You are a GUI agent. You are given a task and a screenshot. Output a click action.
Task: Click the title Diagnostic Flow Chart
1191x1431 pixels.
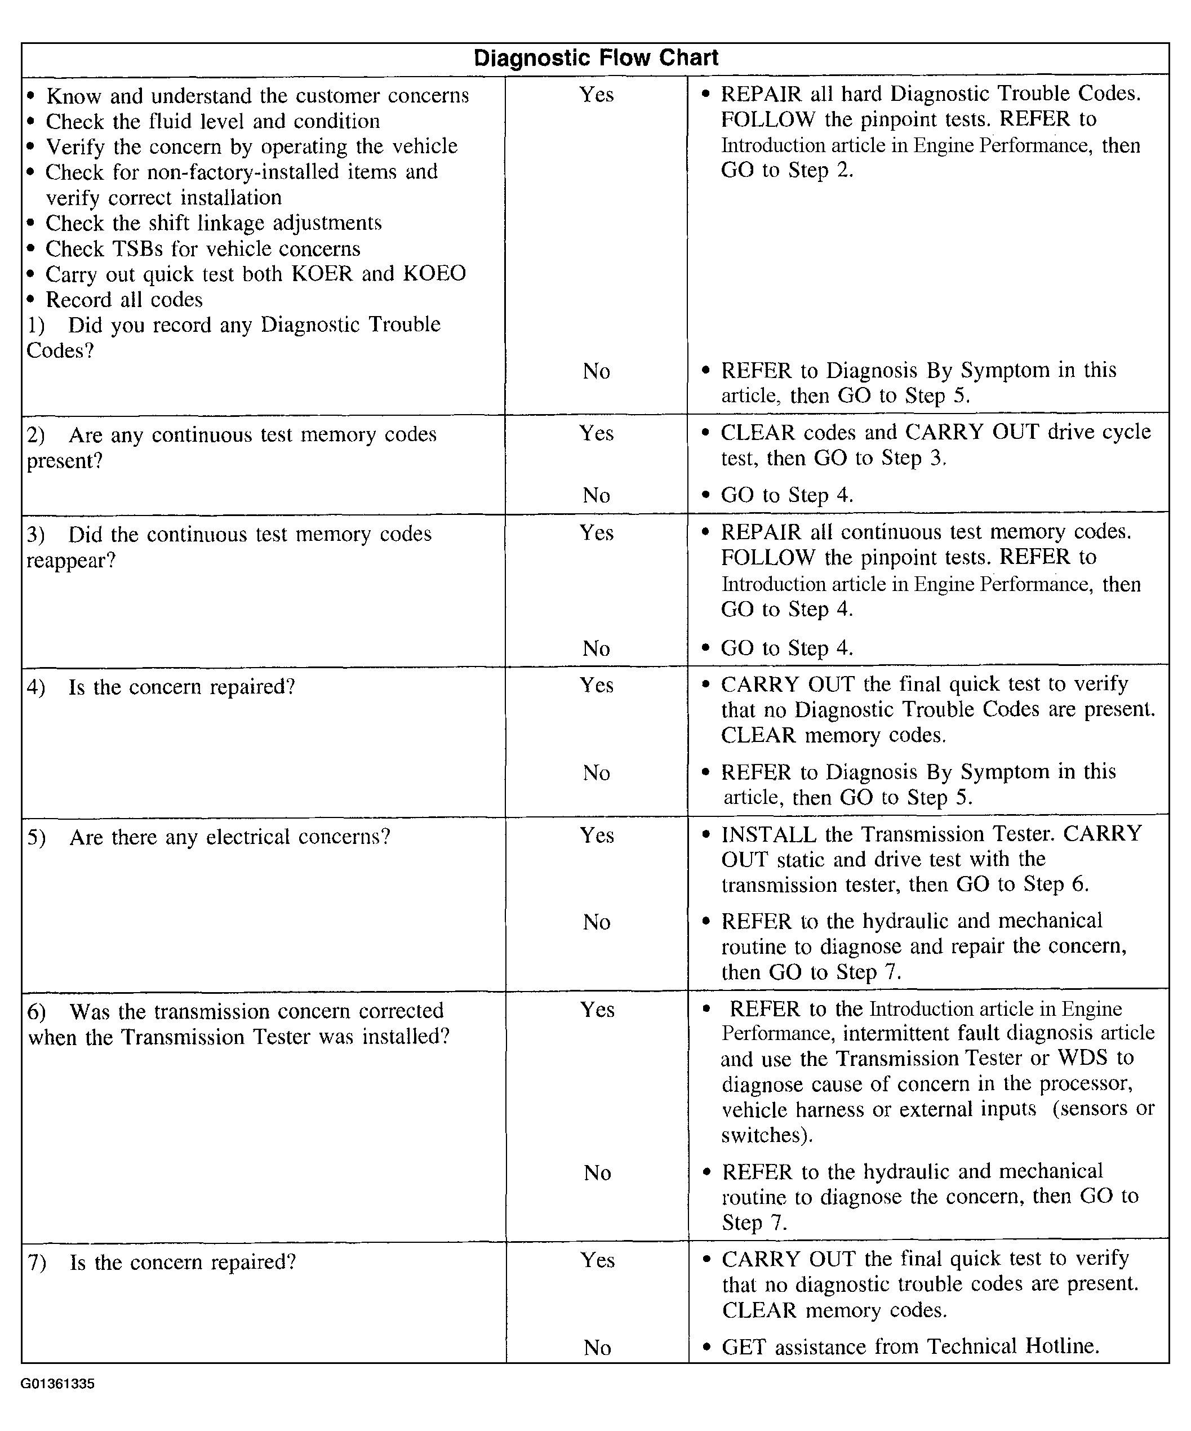pos(595,58)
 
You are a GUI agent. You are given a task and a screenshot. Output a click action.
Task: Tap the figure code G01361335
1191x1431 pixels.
pos(58,1384)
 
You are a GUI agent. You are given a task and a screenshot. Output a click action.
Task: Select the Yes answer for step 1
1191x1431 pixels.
pos(596,94)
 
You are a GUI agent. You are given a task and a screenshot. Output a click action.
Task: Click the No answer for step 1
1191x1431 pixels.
pos(596,371)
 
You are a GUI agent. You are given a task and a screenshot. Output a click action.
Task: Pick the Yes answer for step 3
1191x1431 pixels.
pos(596,533)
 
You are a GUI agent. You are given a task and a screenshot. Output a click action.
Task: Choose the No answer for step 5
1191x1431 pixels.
pos(596,922)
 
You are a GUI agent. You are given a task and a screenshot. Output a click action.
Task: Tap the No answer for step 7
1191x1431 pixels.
pos(597,1348)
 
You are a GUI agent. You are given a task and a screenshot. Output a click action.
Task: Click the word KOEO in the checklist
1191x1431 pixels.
pos(434,274)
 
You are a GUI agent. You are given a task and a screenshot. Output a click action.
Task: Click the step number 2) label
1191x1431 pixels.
pos(36,435)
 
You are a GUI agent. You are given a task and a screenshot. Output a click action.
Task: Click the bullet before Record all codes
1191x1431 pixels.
pos(30,300)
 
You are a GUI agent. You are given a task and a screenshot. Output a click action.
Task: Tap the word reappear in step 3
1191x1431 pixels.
pos(71,561)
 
